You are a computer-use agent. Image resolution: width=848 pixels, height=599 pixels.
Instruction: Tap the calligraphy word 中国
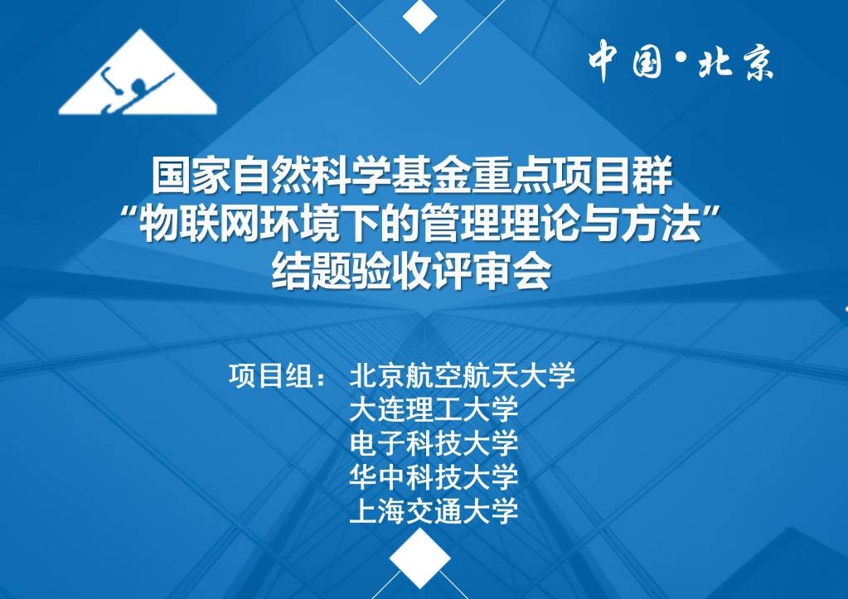click(x=626, y=61)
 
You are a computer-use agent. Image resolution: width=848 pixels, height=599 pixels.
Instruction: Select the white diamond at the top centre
click(x=419, y=16)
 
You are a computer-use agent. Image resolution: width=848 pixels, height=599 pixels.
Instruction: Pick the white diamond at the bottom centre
click(x=419, y=558)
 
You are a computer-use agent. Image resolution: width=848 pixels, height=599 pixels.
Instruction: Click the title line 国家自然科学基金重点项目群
click(x=412, y=176)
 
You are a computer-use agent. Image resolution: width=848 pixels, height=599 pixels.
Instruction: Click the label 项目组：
click(x=278, y=375)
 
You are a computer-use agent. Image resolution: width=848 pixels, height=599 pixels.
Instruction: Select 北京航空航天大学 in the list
click(x=462, y=375)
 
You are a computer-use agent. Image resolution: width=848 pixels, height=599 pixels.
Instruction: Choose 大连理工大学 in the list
click(x=434, y=409)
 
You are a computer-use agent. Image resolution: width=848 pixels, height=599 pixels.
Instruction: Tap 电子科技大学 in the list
click(x=434, y=443)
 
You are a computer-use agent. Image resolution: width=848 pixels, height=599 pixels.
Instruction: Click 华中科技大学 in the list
click(x=434, y=477)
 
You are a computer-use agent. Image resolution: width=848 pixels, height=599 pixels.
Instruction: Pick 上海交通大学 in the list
click(x=434, y=511)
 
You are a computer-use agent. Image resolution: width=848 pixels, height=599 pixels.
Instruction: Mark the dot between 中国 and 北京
click(x=681, y=56)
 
